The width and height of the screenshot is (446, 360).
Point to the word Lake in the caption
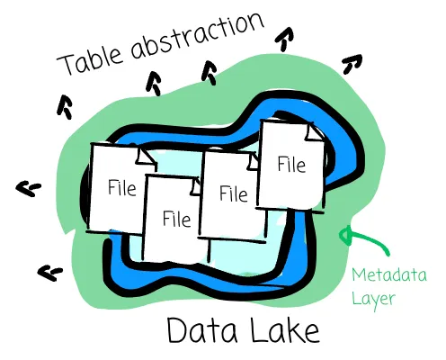pyautogui.click(x=284, y=329)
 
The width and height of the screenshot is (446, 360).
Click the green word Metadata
pyautogui.click(x=389, y=274)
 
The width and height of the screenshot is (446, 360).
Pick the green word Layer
pyautogui.click(x=373, y=300)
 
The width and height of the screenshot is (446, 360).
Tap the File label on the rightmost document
pyautogui.click(x=291, y=165)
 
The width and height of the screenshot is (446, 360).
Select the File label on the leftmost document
pyautogui.click(x=121, y=188)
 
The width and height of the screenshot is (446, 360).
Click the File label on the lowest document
pyautogui.click(x=176, y=219)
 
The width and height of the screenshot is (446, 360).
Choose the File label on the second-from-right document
pyautogui.click(x=234, y=193)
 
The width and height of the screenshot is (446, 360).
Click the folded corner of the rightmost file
pyautogui.click(x=314, y=132)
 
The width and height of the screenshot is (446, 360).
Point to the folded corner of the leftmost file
pyautogui.click(x=147, y=156)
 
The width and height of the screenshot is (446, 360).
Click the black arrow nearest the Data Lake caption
pyautogui.click(x=49, y=273)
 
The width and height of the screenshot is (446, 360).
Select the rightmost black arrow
pyautogui.click(x=352, y=64)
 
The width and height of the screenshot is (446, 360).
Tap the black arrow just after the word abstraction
pyautogui.click(x=285, y=39)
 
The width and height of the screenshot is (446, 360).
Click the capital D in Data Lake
pyautogui.click(x=177, y=329)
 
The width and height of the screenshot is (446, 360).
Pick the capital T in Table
pyautogui.click(x=67, y=64)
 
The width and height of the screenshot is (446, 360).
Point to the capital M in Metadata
pyautogui.click(x=359, y=274)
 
